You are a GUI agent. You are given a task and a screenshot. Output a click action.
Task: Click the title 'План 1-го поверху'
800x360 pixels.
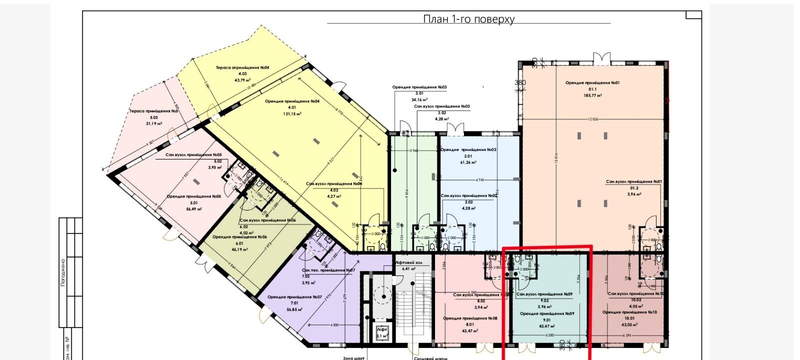tap(468, 19)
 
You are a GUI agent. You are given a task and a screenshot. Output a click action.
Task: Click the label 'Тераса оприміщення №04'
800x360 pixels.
tap(242, 67)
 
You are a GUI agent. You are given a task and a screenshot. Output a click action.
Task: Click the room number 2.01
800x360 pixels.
tap(468, 156)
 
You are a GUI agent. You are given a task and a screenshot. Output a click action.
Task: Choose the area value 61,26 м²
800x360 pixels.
tap(468, 162)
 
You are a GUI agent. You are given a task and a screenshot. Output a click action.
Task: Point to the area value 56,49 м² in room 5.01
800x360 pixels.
tap(192, 209)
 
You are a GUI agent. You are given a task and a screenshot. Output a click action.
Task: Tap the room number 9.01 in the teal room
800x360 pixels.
tap(546, 320)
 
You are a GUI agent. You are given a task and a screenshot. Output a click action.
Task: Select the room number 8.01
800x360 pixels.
tap(469, 324)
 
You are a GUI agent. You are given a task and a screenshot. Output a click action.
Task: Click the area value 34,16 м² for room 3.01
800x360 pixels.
tap(419, 99)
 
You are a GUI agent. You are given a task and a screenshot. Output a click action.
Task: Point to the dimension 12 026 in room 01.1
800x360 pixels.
tap(593, 119)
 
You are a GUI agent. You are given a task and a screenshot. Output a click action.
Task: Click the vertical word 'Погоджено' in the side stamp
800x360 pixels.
tap(63, 272)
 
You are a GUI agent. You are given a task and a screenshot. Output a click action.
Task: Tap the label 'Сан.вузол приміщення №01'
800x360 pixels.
tap(633, 182)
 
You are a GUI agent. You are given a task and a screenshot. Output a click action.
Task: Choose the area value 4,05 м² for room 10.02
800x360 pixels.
tap(634, 306)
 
